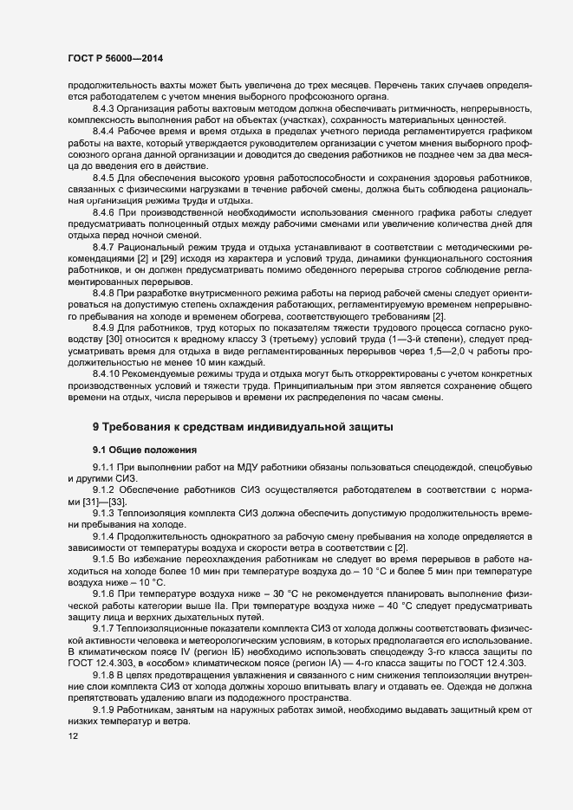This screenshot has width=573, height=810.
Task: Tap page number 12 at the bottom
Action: coord(61,736)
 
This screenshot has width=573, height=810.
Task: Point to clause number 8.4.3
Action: coord(106,108)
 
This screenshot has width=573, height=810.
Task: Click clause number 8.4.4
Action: coord(106,129)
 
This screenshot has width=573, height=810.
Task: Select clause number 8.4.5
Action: coord(106,177)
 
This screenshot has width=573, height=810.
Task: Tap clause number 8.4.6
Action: coord(106,212)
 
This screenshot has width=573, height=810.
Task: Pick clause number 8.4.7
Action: coord(106,248)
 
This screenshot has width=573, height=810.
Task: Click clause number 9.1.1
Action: coord(106,469)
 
